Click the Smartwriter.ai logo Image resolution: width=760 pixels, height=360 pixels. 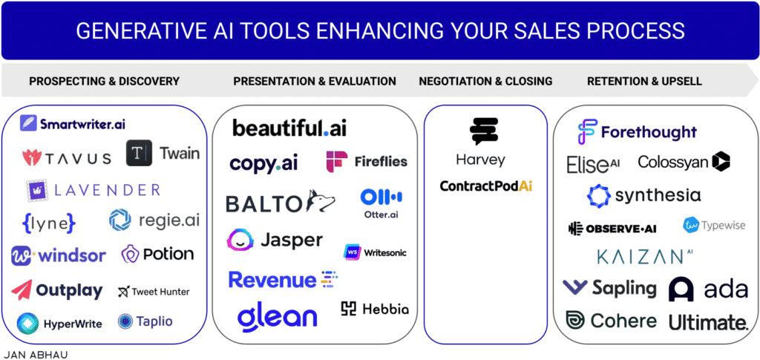tap(72, 124)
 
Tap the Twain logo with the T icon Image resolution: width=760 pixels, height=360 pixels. tap(163, 154)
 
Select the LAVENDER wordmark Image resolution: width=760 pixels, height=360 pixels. tap(94, 189)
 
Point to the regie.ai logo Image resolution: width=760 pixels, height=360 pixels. tap(154, 220)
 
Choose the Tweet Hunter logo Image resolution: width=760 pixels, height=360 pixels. tap(154, 292)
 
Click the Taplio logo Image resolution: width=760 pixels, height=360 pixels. tap(145, 321)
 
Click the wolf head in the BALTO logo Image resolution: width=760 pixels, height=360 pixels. tap(317, 201)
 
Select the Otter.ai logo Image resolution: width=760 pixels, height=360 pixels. tap(381, 203)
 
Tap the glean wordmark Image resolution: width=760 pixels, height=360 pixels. tap(278, 317)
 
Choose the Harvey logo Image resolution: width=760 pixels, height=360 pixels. tap(479, 143)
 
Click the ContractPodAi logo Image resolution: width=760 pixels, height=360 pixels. tap(485, 186)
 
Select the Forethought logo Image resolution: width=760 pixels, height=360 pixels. tap(637, 133)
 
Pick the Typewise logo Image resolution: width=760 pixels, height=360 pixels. tap(714, 226)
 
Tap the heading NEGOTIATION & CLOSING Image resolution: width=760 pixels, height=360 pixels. tap(485, 81)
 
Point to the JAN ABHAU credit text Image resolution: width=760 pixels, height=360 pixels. tap(35, 354)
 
